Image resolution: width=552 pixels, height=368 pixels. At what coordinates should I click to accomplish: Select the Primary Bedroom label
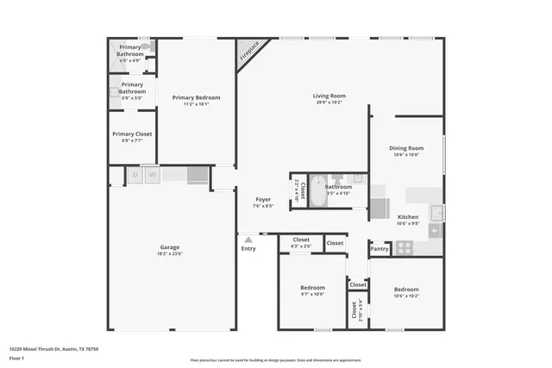(x=196, y=97)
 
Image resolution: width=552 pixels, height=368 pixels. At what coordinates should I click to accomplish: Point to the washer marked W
(x=152, y=175)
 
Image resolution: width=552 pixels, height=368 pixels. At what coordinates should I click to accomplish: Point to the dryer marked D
(x=135, y=175)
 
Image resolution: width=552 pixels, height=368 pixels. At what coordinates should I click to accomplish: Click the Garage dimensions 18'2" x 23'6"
(x=169, y=253)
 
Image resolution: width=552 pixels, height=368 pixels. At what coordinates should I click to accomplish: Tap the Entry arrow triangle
(x=248, y=240)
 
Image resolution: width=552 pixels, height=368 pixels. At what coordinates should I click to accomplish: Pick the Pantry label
(x=379, y=249)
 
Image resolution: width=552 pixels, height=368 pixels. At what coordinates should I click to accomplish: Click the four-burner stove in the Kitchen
(x=404, y=247)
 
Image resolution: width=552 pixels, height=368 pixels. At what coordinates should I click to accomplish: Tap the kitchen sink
(x=436, y=212)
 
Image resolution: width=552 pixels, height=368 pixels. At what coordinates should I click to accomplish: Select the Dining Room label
(x=406, y=148)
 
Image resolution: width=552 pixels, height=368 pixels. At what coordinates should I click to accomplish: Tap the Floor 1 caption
(x=17, y=358)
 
